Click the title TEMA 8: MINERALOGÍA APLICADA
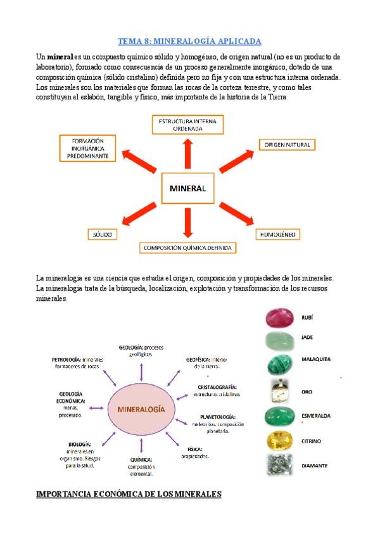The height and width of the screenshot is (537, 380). click(190, 41)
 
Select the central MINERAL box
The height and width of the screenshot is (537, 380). click(187, 189)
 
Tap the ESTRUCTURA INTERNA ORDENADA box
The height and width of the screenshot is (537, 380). click(187, 124)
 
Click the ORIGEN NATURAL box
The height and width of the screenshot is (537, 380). click(287, 145)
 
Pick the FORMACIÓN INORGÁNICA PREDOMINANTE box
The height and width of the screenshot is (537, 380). click(88, 148)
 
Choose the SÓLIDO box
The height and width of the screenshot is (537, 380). click(101, 235)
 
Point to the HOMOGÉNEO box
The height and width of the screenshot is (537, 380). click(277, 234)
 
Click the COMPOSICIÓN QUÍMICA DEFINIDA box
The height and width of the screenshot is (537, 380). click(187, 248)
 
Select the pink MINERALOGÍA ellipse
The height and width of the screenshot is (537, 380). click(141, 409)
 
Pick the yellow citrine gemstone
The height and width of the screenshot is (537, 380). click(279, 441)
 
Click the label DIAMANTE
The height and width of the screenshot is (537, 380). click(315, 465)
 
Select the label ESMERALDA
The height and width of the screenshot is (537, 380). click(317, 416)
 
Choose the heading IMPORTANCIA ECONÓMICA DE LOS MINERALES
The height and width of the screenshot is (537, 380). click(129, 494)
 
